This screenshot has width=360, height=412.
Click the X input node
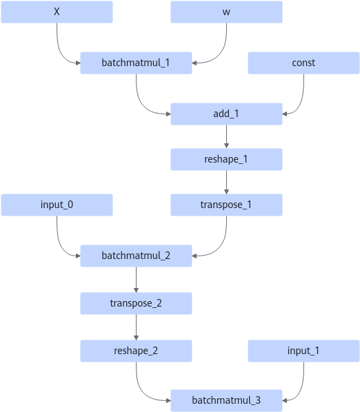click(x=57, y=12)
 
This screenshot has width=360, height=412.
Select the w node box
click(x=226, y=12)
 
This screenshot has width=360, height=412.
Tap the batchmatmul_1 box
click(x=136, y=63)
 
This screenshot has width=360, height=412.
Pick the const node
click(x=303, y=63)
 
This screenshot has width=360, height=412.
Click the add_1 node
click(x=226, y=114)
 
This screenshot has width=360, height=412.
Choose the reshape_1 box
click(x=226, y=159)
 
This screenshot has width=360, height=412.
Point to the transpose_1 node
click(x=226, y=205)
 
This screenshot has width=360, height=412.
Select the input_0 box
click(x=57, y=205)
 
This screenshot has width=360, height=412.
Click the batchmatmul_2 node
click(x=136, y=256)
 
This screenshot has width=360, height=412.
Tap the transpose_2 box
click(x=136, y=303)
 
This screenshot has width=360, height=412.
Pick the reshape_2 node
click(x=136, y=351)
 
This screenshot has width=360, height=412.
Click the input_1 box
click(x=303, y=351)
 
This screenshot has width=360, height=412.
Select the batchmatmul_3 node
click(x=226, y=400)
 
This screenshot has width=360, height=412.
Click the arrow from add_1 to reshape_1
click(x=226, y=136)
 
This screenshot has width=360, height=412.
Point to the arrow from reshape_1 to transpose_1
click(x=226, y=182)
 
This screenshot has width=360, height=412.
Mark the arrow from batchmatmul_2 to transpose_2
click(x=136, y=280)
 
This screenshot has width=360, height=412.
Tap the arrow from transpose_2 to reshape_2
click(x=136, y=327)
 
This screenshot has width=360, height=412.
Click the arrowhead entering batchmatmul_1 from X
click(x=78, y=63)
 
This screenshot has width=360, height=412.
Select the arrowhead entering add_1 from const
click(x=285, y=114)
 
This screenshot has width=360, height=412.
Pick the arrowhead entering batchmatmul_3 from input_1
click(x=285, y=400)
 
